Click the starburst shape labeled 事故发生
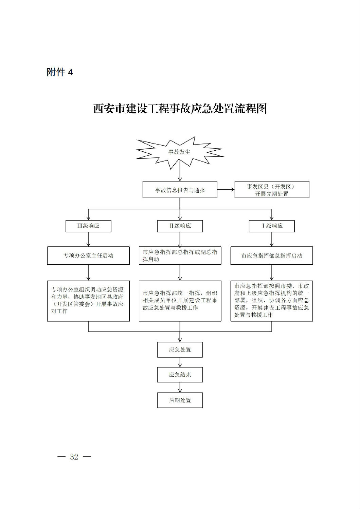click(180, 152)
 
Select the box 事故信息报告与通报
click(180, 190)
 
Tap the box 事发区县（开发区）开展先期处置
click(272, 190)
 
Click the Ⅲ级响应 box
click(88, 226)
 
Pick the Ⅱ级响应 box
click(180, 226)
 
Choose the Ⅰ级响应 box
click(272, 226)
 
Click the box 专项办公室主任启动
click(88, 256)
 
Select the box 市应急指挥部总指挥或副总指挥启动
click(180, 256)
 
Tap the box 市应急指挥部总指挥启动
click(272, 256)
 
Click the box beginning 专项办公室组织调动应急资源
click(88, 301)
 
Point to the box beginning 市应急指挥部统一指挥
click(180, 301)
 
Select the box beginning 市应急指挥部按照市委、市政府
click(272, 301)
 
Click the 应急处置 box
click(180, 350)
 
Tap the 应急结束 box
click(180, 375)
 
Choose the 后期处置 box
click(180, 400)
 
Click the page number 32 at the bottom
click(74, 457)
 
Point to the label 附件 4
click(60, 72)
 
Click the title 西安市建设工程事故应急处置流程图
click(180, 109)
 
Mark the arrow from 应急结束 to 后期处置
click(180, 388)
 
